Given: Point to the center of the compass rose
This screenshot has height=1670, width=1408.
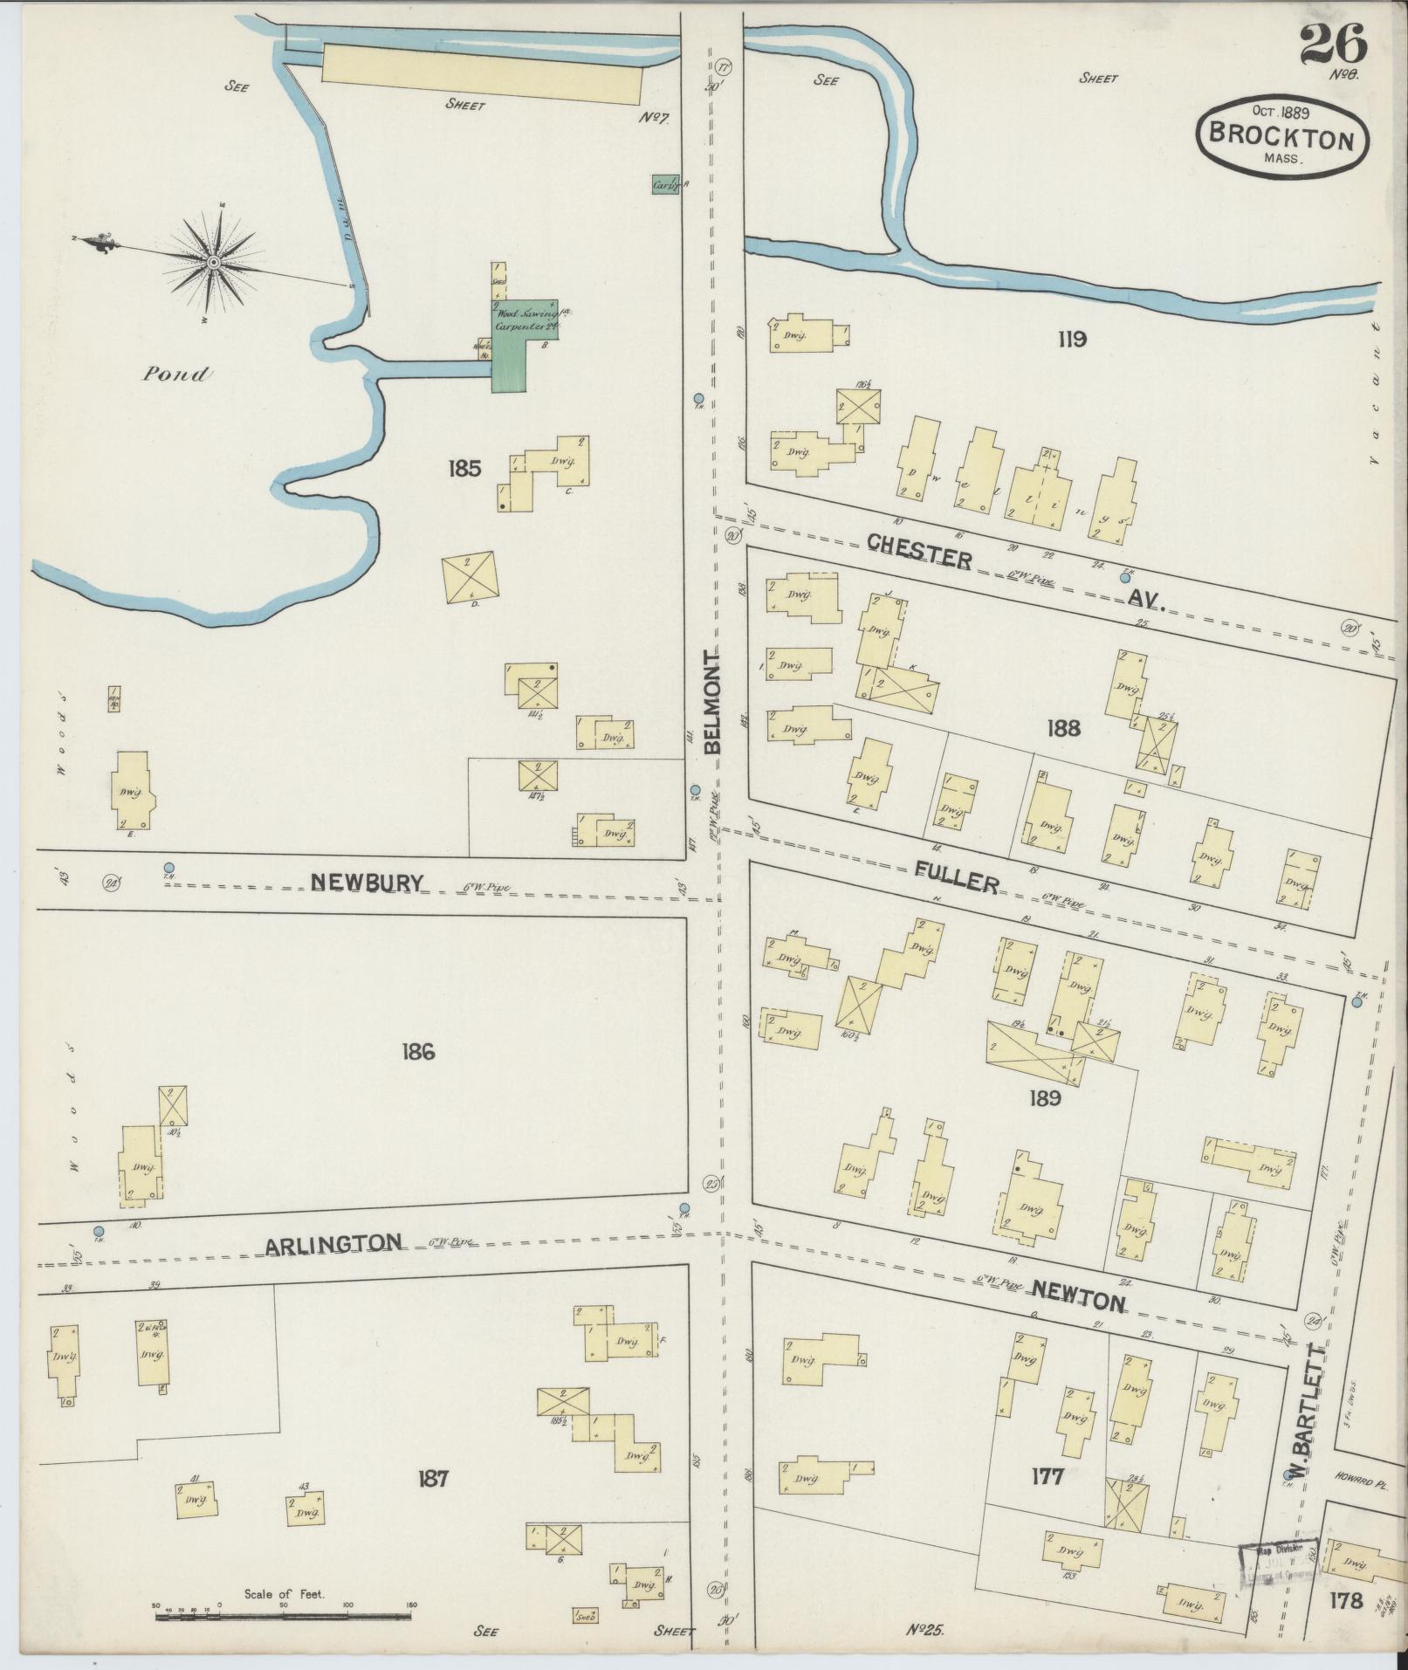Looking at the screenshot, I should coord(213,262).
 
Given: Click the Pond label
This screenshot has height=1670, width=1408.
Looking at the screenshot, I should coord(176,375).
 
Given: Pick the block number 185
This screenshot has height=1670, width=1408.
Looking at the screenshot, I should coord(464,469).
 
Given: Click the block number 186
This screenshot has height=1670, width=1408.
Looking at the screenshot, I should coord(418,1052).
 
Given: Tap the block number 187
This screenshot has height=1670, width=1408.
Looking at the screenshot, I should coord(433,1479).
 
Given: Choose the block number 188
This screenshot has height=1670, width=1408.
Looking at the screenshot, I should coord(1062,727).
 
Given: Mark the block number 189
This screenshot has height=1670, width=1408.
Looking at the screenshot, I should coord(1044,1098).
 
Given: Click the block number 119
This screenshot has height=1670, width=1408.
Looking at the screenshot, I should coord(1072,339).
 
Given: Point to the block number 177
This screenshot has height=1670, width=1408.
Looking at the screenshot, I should coord(1047,1476).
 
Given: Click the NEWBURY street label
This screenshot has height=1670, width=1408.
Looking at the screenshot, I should coord(367,883).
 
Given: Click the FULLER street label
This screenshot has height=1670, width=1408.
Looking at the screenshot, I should coord(958,879).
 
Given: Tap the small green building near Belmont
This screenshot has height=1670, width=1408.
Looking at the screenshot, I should coord(665,184).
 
